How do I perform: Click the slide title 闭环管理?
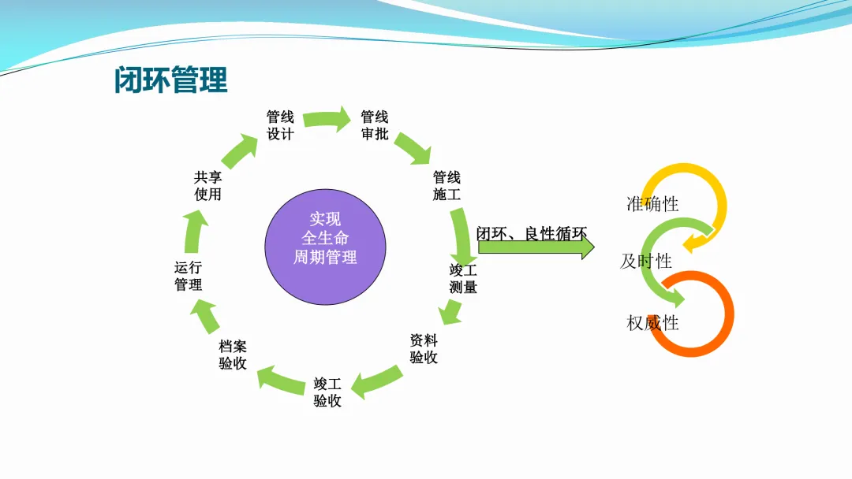click(x=171, y=80)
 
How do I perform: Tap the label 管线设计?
click(x=280, y=126)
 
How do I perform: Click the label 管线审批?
click(x=375, y=126)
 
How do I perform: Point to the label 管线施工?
click(x=447, y=186)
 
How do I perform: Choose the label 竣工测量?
click(x=463, y=279)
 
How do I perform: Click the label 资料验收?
click(x=424, y=349)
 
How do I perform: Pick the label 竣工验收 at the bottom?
click(x=327, y=392)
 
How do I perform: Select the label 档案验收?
click(x=233, y=355)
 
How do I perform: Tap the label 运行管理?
click(x=189, y=277)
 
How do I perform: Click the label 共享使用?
click(x=208, y=186)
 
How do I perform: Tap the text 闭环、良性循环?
click(x=532, y=233)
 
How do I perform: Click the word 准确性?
click(x=652, y=204)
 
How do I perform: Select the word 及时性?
click(x=645, y=262)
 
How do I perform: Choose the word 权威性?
click(x=652, y=322)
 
